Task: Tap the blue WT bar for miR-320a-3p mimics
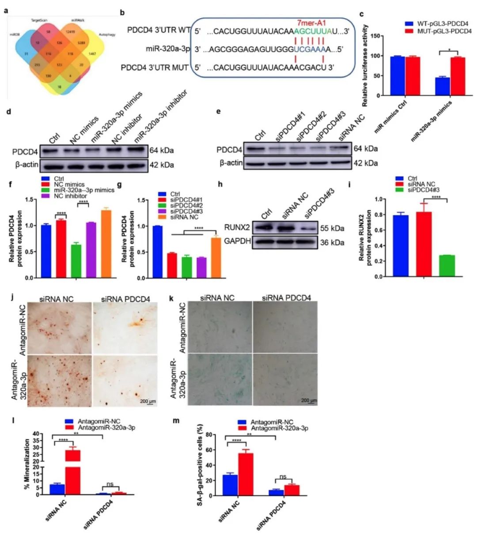click(442, 87)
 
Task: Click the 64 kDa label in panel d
click(162, 151)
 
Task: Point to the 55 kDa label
click(332, 229)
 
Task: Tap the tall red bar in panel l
click(73, 470)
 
